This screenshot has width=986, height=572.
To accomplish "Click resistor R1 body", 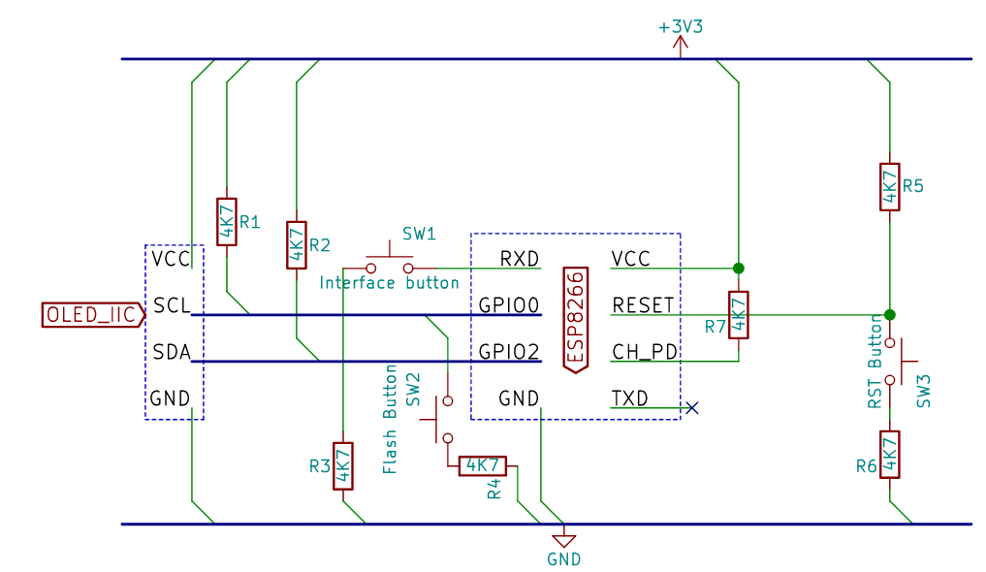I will tap(226, 222).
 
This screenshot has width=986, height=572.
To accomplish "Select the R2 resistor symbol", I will tap(296, 245).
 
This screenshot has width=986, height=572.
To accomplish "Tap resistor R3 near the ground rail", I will tap(343, 466).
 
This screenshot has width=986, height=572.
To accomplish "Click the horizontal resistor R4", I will tap(481, 464).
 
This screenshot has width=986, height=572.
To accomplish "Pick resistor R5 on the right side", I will tap(889, 187).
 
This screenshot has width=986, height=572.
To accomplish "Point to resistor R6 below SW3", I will tap(889, 455).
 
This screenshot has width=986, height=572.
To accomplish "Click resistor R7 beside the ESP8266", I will tap(739, 315).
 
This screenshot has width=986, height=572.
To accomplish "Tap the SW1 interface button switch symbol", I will tap(389, 265).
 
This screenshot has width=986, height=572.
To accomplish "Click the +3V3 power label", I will tap(680, 27).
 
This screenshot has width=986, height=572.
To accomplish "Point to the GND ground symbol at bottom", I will tap(563, 540).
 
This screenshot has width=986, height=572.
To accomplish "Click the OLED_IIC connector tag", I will tap(90, 315).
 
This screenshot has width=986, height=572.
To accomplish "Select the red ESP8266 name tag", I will tap(576, 319).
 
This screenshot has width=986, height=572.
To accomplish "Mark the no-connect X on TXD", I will tap(691, 408).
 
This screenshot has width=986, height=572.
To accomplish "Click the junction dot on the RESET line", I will tap(890, 315).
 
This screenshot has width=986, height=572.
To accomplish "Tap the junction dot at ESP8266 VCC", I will tap(739, 268).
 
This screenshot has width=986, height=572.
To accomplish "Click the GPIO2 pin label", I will tap(508, 351).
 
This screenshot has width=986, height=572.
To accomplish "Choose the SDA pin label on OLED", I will tap(172, 351).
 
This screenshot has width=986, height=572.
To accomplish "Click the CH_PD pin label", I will tap(645, 351).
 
